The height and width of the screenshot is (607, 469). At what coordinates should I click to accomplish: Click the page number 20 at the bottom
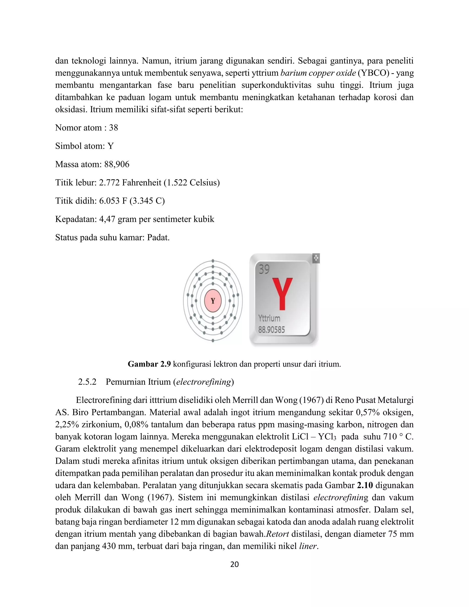click(234, 564)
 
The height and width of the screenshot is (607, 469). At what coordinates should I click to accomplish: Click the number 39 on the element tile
click(264, 269)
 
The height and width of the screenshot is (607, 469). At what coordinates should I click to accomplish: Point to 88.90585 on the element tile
click(271, 330)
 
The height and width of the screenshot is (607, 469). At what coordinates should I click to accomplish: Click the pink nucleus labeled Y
click(213, 301)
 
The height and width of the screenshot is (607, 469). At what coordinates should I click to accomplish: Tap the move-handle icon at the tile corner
click(316, 258)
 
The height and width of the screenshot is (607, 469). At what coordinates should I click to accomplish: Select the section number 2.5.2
click(87, 382)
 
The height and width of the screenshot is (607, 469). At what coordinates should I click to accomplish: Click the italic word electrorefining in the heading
click(203, 382)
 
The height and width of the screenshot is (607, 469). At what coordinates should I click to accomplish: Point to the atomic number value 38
click(113, 128)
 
